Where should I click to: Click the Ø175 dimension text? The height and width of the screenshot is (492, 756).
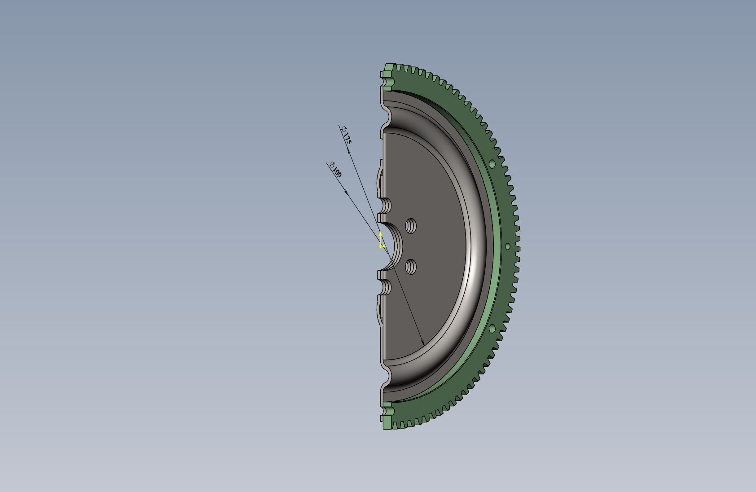click(346, 135)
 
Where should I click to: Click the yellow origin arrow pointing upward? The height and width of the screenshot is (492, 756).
click(380, 238)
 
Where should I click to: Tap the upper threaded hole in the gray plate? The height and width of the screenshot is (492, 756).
click(411, 226)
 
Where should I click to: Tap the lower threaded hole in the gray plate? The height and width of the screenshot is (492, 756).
click(411, 267)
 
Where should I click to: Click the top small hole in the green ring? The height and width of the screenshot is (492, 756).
click(492, 164)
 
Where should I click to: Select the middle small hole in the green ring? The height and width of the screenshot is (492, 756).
click(508, 246)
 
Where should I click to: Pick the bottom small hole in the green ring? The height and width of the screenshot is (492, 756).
click(492, 328)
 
